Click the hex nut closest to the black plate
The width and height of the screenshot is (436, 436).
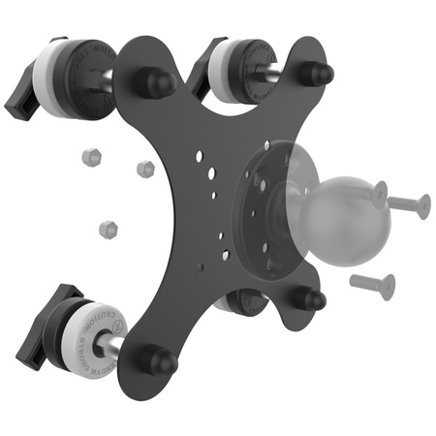[x=145, y=169]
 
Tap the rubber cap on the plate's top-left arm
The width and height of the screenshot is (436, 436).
[x=152, y=82]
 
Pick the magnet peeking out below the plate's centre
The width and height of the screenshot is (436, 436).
[x=242, y=302]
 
